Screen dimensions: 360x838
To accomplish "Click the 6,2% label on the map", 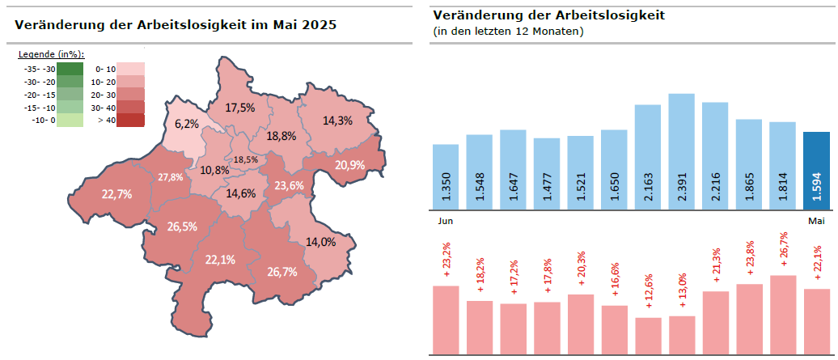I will pos(186,124).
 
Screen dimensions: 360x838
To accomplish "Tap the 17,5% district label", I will pos(240,108).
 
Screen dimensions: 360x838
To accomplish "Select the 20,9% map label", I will pos(349,165).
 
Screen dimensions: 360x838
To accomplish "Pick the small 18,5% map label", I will pos(246,159).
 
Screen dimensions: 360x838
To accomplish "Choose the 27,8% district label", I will pos(170,177).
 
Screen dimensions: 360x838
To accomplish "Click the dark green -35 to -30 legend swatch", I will pos(71,69).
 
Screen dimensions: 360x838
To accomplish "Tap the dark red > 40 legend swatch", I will pos(130,121).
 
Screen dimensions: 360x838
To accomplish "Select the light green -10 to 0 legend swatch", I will pos(71,121).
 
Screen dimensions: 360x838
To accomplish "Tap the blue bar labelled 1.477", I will pos(547,173).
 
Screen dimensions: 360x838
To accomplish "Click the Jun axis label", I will pos(445,221).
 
